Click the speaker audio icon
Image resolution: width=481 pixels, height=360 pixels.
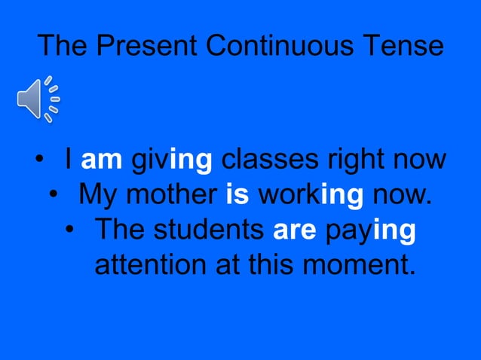pyautogui.click(x=38, y=99)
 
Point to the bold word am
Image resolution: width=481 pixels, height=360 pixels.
pyautogui.click(x=102, y=160)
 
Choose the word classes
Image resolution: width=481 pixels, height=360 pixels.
pyautogui.click(x=273, y=160)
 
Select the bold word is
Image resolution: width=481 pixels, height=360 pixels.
pyautogui.click(x=237, y=196)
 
